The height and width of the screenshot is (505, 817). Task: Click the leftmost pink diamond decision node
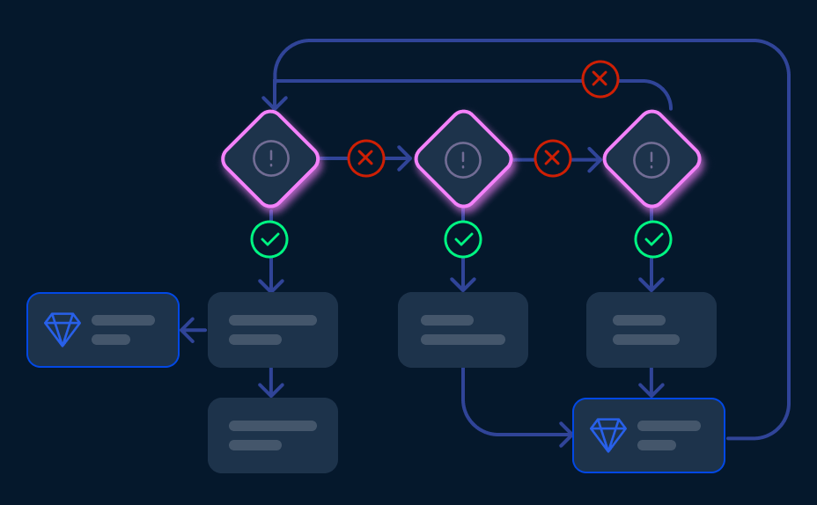pyautogui.click(x=270, y=158)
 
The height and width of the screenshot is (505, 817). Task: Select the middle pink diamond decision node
pyautogui.click(x=463, y=158)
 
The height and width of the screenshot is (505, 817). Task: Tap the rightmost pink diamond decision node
pyautogui.click(x=651, y=158)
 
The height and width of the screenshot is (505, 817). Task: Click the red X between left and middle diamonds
pyautogui.click(x=366, y=158)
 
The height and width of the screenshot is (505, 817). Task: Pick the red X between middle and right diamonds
pyautogui.click(x=553, y=158)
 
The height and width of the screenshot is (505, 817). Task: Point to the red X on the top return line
pyautogui.click(x=600, y=79)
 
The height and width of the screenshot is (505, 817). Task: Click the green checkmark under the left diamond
pyautogui.click(x=269, y=239)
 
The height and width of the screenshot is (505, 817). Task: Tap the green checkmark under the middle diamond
pyautogui.click(x=463, y=239)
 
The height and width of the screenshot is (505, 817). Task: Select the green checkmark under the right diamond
pyautogui.click(x=653, y=239)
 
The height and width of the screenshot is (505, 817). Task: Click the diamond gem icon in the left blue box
pyautogui.click(x=63, y=329)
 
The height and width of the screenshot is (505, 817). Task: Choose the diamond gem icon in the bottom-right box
pyautogui.click(x=608, y=435)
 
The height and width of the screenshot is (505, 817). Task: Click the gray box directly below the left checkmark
pyautogui.click(x=273, y=330)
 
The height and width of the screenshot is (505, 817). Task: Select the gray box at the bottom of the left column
pyautogui.click(x=273, y=435)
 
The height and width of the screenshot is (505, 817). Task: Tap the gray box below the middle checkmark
pyautogui.click(x=463, y=330)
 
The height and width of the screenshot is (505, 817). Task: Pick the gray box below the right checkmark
pyautogui.click(x=651, y=330)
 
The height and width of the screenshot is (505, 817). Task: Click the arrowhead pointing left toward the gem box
pyautogui.click(x=187, y=330)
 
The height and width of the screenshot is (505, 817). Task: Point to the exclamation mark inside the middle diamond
pyautogui.click(x=463, y=158)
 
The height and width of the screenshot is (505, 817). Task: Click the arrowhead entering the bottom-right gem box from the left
pyautogui.click(x=567, y=435)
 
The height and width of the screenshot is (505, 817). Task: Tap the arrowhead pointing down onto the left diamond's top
pyautogui.click(x=275, y=104)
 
